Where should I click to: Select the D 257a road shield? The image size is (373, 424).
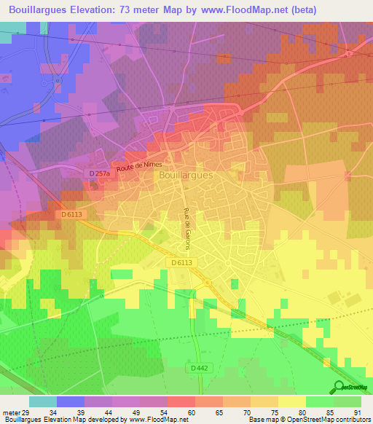(x=99, y=173)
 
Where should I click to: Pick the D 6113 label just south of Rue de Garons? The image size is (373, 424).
(x=185, y=262)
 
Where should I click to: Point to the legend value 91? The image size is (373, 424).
(x=357, y=412)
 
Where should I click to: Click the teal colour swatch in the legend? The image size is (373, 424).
(x=43, y=401)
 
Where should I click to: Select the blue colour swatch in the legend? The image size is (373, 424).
(x=71, y=401)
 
